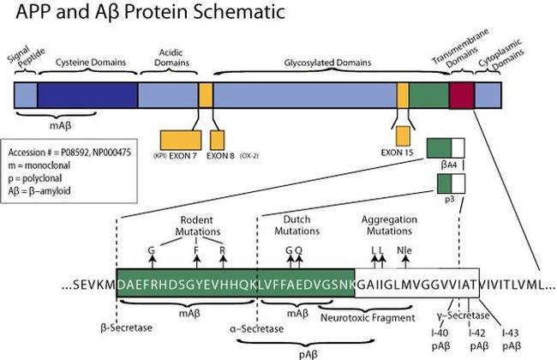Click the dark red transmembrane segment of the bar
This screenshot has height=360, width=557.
[461, 94]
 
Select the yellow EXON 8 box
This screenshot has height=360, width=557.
[217, 139]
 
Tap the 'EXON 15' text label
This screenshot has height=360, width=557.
[401, 156]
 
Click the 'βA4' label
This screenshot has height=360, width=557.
[446, 162]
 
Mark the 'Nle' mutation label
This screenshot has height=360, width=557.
[404, 252]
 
